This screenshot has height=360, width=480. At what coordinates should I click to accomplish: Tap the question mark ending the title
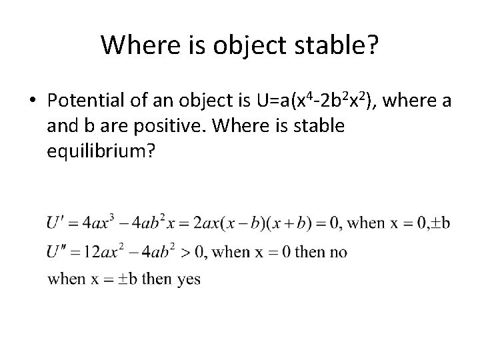(x=372, y=45)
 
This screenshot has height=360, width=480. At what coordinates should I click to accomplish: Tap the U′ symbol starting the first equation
(x=55, y=223)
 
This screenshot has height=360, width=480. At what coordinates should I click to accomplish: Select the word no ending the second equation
(x=337, y=253)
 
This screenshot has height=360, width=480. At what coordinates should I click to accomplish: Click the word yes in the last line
(x=189, y=280)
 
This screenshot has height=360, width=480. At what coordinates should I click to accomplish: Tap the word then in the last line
(x=157, y=280)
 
